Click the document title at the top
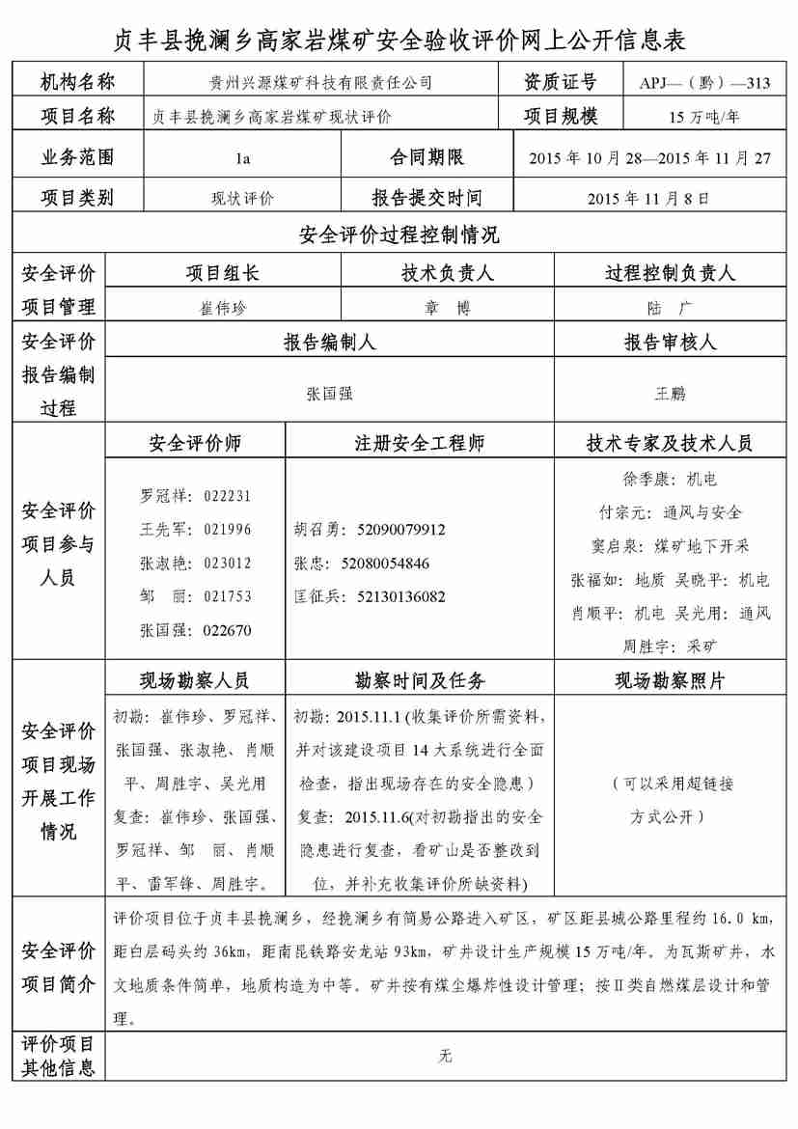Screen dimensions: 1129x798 [x=399, y=40]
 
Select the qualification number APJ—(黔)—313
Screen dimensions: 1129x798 [x=703, y=83]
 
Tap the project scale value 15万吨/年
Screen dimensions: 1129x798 [x=703, y=118]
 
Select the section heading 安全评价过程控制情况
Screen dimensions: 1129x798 [x=399, y=235]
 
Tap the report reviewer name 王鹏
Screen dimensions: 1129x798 [x=670, y=394]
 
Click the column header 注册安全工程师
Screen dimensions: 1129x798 [x=420, y=444]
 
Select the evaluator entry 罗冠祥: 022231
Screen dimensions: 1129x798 [x=196, y=496]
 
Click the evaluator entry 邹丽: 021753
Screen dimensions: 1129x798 [x=196, y=596]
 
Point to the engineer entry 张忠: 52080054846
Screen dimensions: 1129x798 [x=361, y=564]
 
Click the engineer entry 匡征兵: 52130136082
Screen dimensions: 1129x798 [x=369, y=597]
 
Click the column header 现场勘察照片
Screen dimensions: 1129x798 [x=670, y=681]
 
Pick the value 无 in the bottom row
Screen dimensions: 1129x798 [x=445, y=1056]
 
